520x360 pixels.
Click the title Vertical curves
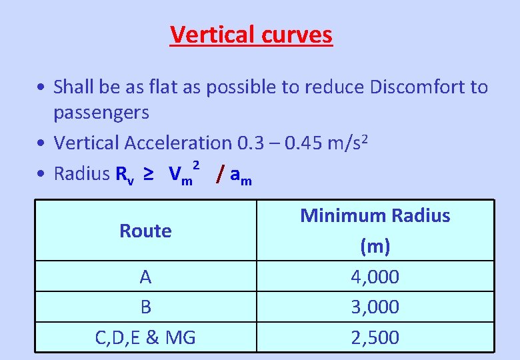click(251, 34)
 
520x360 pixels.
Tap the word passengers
click(101, 112)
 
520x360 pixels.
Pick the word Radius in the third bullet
click(81, 174)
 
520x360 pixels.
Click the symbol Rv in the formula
click(125, 175)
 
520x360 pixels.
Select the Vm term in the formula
click(180, 175)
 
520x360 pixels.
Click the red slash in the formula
click(220, 175)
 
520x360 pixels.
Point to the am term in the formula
click(241, 176)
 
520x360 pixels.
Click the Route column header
click(145, 231)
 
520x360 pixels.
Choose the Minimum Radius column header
click(375, 216)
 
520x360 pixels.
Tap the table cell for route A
click(145, 277)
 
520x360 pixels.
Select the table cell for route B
click(145, 307)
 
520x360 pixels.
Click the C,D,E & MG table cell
click(145, 337)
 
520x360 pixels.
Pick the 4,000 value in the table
click(375, 277)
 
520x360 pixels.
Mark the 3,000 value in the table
click(375, 307)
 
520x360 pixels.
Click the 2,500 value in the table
click(375, 337)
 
